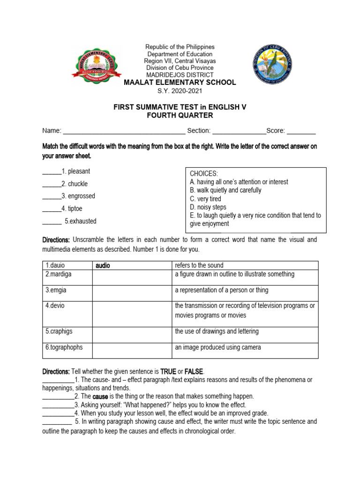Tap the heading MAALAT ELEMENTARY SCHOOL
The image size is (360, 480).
click(x=180, y=83)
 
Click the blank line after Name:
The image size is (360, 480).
click(x=124, y=131)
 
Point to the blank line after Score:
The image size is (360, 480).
click(x=301, y=131)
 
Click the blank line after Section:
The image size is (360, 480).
click(x=239, y=131)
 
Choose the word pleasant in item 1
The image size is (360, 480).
click(x=79, y=172)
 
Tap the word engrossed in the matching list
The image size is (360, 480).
click(x=81, y=196)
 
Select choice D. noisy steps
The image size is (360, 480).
click(x=208, y=207)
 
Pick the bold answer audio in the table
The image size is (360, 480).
click(x=103, y=266)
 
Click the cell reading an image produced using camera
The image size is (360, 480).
click(x=218, y=347)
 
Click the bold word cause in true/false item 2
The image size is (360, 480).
click(x=100, y=397)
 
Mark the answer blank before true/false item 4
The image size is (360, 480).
click(x=58, y=413)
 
